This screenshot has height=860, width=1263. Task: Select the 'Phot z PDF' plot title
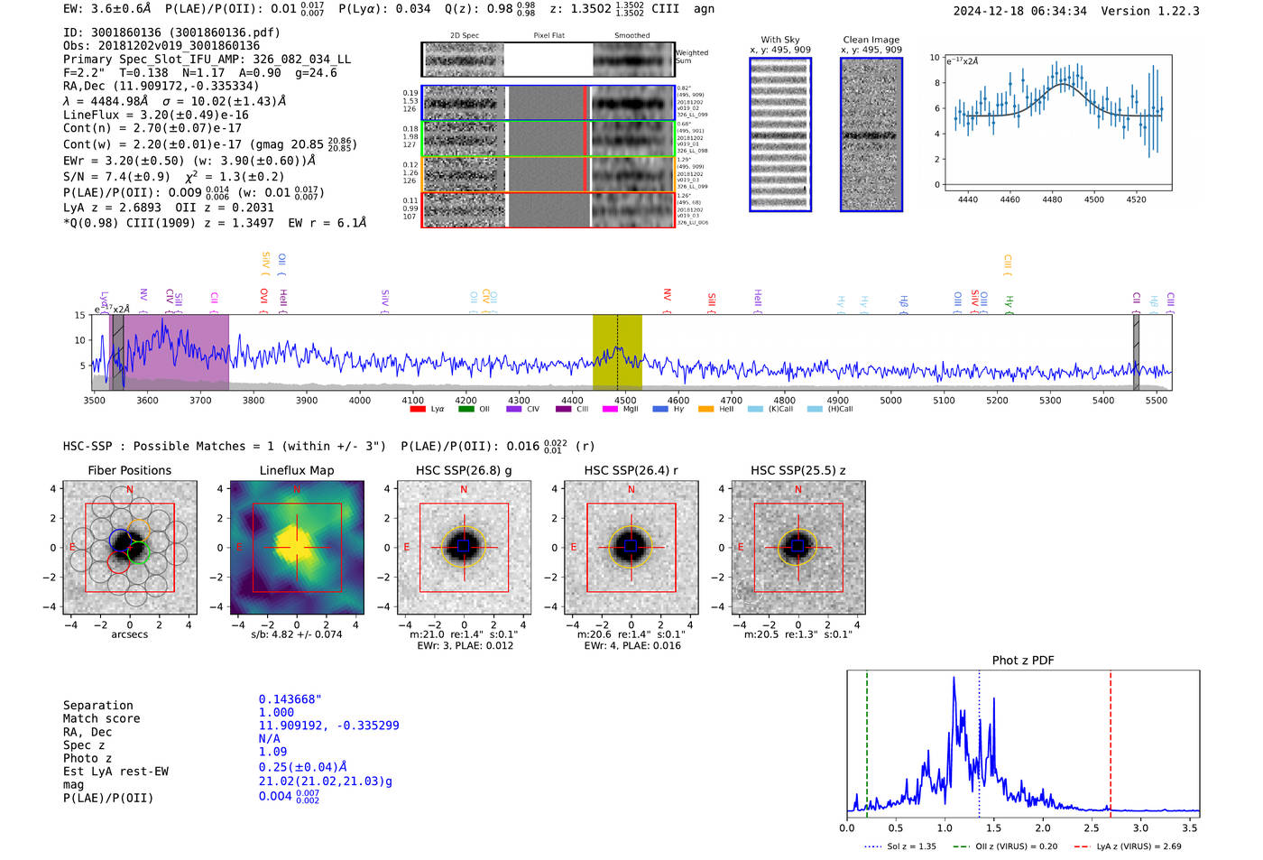click(1023, 660)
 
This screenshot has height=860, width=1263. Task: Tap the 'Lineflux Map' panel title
click(297, 470)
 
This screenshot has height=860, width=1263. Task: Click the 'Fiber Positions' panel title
click(129, 470)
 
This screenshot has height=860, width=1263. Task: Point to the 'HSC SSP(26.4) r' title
click(631, 470)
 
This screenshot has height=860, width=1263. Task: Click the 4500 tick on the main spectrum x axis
click(625, 400)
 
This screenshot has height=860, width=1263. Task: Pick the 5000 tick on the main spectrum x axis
click(890, 400)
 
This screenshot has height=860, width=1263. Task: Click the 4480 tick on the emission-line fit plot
click(1052, 199)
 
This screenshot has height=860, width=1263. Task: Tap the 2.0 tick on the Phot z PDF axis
click(1043, 828)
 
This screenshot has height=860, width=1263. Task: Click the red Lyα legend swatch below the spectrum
click(418, 410)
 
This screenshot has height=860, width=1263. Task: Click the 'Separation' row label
click(97, 706)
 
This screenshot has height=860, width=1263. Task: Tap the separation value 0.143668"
click(290, 699)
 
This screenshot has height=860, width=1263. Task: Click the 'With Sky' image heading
click(779, 40)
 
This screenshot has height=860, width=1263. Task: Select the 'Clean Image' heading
click(871, 40)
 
